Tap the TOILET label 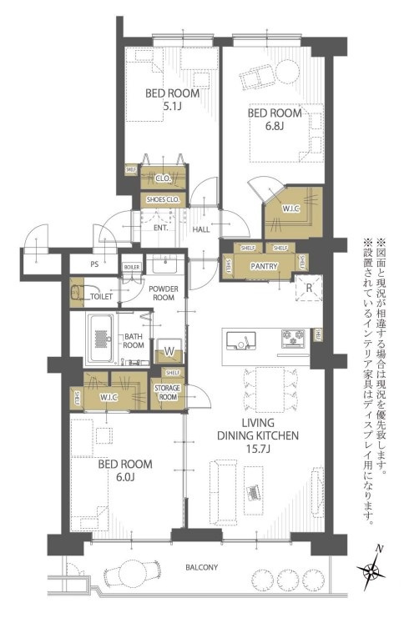[x=101, y=295]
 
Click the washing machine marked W [x=168, y=350]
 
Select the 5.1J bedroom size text [x=171, y=107]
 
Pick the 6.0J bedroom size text [x=125, y=480]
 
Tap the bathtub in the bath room [x=103, y=339]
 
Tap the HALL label [x=202, y=229]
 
